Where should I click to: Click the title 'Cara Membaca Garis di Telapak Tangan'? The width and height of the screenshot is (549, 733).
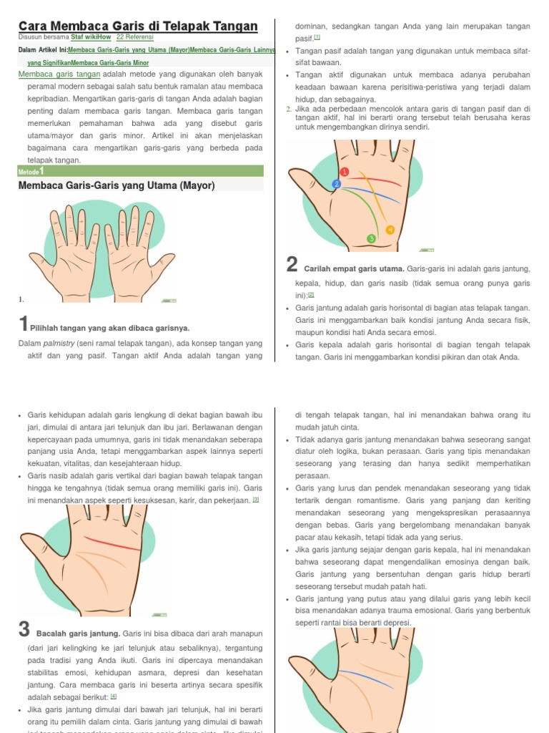pyautogui.click(x=138, y=26)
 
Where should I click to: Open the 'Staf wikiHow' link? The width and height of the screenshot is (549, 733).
pyautogui.click(x=91, y=37)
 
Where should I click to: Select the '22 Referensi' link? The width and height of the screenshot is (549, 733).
pyautogui.click(x=134, y=37)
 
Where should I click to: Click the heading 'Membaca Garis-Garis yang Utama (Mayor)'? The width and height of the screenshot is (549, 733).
pyautogui.click(x=117, y=186)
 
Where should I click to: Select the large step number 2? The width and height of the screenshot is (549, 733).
pyautogui.click(x=292, y=266)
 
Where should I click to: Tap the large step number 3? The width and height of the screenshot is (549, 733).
pyautogui.click(x=24, y=630)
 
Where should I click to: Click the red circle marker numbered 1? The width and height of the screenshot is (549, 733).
pyautogui.click(x=345, y=172)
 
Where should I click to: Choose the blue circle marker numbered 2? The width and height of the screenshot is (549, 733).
pyautogui.click(x=337, y=185)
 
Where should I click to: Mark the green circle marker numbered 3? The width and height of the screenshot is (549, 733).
pyautogui.click(x=371, y=238)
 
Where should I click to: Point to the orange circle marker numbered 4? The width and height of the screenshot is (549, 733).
pyautogui.click(x=390, y=230)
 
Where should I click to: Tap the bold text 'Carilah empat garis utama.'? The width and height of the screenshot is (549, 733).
pyautogui.click(x=354, y=269)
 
